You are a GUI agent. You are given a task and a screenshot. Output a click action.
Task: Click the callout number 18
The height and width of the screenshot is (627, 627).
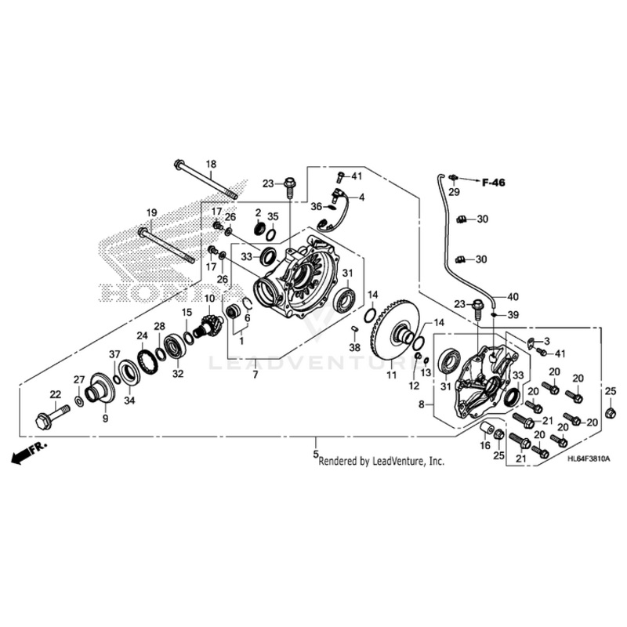coord(210,164)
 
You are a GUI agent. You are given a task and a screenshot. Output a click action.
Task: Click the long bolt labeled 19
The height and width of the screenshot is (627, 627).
coord(166,242)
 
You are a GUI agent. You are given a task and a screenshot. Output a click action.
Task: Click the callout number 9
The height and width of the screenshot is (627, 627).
coord(106,419)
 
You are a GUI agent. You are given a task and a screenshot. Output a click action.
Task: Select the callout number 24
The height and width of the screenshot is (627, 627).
coord(143,335)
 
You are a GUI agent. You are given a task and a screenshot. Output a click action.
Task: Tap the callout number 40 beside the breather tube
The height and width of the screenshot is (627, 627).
coord(513,297)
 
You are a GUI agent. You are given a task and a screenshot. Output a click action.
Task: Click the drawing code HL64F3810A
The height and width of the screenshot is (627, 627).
coord(588,458)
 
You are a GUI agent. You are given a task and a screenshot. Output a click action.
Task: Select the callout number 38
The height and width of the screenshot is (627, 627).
coord(355,347)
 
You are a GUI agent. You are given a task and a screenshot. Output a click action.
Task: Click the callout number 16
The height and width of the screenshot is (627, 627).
coord(485,445)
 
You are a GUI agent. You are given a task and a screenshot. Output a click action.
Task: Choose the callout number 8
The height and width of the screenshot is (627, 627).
coord(422,405)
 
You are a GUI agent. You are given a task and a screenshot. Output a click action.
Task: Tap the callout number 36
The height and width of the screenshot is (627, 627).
coord(315,206)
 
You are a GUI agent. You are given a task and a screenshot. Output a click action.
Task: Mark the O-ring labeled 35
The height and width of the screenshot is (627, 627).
coord(270,234)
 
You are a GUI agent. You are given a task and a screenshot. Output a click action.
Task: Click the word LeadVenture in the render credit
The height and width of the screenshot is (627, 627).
coord(395,462)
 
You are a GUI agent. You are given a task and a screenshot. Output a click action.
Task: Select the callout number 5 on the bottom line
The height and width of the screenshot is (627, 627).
coord(316,454)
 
